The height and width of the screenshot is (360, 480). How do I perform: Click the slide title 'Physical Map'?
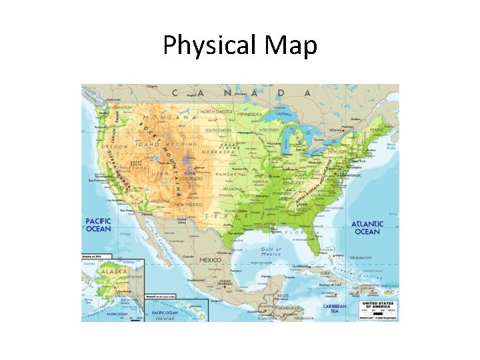coord(240,45)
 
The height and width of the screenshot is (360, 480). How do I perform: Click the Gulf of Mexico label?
coord(271,251)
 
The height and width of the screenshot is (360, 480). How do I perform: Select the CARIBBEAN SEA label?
coord(335,309)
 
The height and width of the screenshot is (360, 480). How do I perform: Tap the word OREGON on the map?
coord(114,147)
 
